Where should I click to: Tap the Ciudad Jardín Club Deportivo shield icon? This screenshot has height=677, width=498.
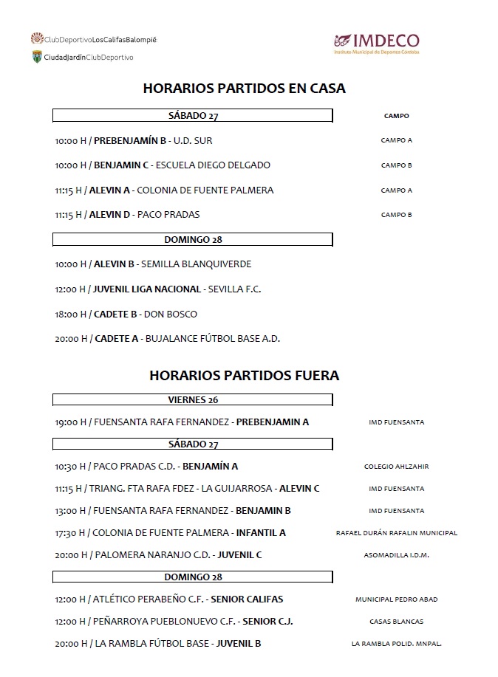click(x=36, y=57)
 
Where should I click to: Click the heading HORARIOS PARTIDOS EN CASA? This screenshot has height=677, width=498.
click(x=244, y=89)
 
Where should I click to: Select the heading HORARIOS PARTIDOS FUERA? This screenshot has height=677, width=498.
click(x=244, y=375)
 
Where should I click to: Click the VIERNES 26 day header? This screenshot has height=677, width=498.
click(x=193, y=400)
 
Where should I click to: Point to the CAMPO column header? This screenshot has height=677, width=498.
click(x=396, y=116)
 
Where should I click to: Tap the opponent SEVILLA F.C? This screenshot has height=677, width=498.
click(x=234, y=289)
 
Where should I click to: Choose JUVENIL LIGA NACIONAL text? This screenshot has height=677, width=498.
click(x=147, y=289)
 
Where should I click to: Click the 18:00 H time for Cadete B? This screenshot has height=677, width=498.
click(x=71, y=315)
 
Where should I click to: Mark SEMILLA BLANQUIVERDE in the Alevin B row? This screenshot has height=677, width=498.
click(x=196, y=264)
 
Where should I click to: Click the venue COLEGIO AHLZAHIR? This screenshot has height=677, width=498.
click(x=396, y=467)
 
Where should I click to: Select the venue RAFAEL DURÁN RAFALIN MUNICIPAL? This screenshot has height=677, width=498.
click(x=396, y=533)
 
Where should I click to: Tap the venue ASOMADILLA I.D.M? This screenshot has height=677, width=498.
click(x=396, y=555)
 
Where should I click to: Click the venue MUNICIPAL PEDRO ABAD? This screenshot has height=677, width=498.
click(x=396, y=599)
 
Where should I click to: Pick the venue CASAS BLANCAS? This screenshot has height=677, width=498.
click(x=396, y=622)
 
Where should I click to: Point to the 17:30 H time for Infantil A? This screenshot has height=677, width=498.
click(x=70, y=533)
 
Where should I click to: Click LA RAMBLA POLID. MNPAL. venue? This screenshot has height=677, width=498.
click(x=396, y=645)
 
